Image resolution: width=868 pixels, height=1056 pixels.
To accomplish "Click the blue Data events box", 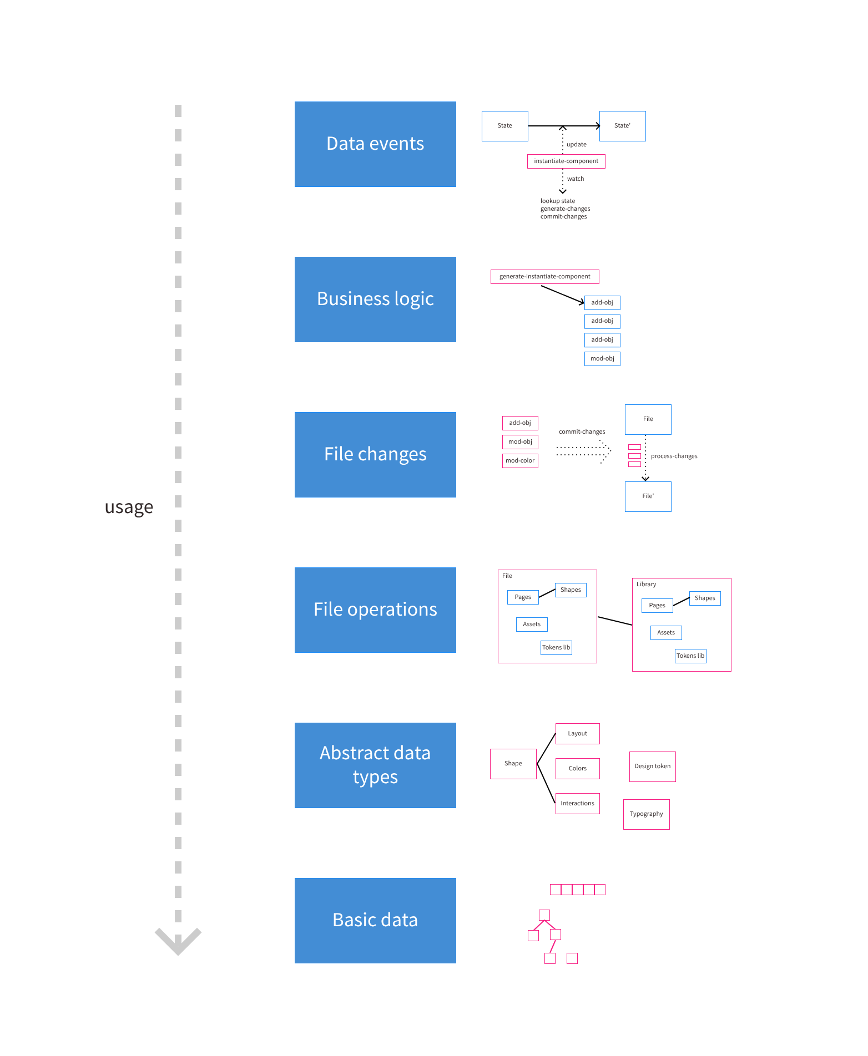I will tap(375, 144).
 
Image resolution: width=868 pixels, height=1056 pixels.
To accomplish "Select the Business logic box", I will tap(375, 299).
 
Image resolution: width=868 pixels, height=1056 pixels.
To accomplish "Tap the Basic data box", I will tap(375, 921).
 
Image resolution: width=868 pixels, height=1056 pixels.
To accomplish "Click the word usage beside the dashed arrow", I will tap(129, 507).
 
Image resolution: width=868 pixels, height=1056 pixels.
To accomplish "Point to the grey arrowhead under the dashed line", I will tap(178, 941).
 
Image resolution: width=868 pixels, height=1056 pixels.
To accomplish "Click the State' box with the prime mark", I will tap(622, 126).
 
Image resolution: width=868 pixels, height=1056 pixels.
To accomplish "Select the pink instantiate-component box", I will tap(566, 161).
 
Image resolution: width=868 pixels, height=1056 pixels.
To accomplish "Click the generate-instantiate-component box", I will tap(544, 276).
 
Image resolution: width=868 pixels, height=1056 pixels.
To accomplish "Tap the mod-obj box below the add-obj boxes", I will tap(602, 359).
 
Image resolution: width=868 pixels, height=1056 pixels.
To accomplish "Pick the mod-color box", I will tap(520, 461).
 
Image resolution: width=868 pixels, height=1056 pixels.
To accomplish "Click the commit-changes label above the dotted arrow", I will tap(582, 431).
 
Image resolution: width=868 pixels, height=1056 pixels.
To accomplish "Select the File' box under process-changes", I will tap(648, 496).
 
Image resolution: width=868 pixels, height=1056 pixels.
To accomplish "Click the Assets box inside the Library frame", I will tap(666, 633).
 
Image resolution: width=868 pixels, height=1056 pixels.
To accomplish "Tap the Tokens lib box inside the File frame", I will tap(556, 648).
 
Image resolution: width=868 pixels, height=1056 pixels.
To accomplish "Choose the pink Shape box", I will tap(513, 764).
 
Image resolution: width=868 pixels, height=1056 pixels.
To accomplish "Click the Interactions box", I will tap(577, 804).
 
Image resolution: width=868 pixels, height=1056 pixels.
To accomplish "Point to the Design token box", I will tap(652, 766).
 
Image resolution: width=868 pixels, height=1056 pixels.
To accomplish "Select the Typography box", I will tap(646, 814).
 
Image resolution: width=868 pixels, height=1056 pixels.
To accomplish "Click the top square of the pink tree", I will tap(544, 915).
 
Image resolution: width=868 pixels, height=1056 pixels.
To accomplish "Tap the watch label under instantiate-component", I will tap(575, 179).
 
